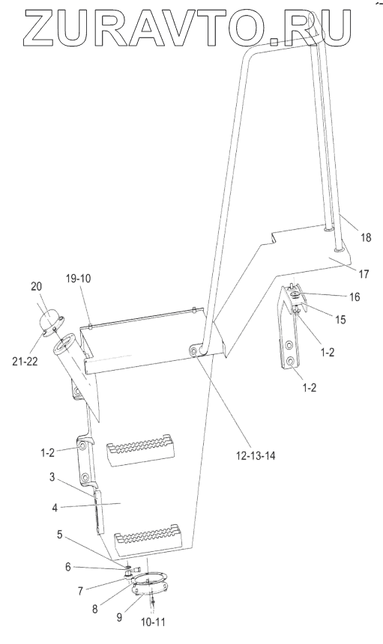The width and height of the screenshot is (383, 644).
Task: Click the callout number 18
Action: coord(365,237)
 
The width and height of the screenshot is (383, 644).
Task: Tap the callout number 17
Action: coord(364,273)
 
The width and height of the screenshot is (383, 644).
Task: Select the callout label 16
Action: coord(355,297)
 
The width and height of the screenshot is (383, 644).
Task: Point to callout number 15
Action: coord(340,319)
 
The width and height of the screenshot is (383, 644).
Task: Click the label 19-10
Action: coord(78,279)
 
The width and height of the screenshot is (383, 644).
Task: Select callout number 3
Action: coord(52,477)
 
